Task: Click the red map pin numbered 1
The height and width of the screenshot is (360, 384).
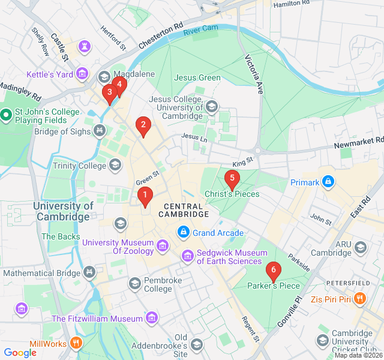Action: click(x=145, y=195)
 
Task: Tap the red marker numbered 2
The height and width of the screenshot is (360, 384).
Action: click(x=143, y=125)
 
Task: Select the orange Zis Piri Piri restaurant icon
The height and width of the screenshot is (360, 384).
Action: click(x=359, y=298)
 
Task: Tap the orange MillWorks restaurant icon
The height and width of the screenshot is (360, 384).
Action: click(x=76, y=343)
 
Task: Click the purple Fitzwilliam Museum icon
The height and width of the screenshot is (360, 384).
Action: click(x=152, y=317)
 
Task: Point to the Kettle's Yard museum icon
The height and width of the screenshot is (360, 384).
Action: click(x=83, y=74)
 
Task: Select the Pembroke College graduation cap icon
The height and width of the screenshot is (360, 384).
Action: click(x=134, y=283)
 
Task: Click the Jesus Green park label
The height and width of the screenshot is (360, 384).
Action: click(x=197, y=77)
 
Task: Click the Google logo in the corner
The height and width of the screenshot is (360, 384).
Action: click(x=20, y=353)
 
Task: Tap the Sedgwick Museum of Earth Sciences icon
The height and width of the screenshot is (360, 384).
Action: click(x=188, y=256)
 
